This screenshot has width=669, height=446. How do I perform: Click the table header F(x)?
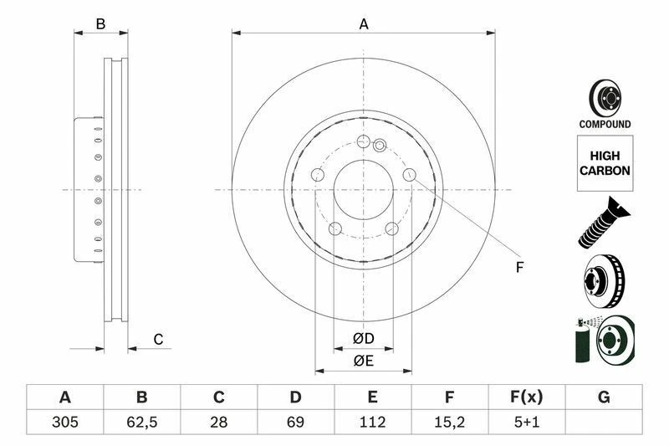(x=527, y=397)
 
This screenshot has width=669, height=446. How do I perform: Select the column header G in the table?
(x=604, y=397)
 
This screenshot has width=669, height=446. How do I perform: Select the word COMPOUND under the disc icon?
(x=605, y=124)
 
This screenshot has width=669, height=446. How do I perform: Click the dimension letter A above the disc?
(x=364, y=24)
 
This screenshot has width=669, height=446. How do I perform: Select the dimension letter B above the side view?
(x=100, y=24)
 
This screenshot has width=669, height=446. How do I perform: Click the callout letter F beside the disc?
(x=518, y=268)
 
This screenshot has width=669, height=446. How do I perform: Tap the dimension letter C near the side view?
(x=157, y=339)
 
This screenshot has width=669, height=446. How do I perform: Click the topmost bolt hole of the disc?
(x=363, y=141)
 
